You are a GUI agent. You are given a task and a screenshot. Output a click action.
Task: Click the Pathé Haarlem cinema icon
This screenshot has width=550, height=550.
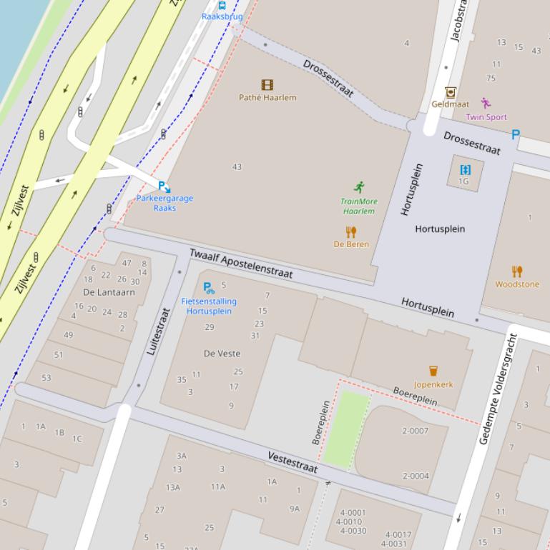click(x=267, y=85)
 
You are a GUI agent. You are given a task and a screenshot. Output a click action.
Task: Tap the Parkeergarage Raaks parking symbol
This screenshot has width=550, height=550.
click(x=164, y=186)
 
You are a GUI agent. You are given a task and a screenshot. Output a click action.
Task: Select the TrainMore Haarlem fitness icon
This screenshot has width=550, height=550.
click(x=359, y=188)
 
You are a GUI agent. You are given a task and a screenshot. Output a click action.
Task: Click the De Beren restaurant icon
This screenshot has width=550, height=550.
click(x=351, y=232)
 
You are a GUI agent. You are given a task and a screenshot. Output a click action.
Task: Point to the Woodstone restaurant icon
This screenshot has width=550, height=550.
click(x=517, y=271)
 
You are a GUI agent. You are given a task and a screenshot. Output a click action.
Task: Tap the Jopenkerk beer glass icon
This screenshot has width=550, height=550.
click(x=433, y=371)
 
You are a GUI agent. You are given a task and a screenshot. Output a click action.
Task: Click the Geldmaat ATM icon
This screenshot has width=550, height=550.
click(x=450, y=92)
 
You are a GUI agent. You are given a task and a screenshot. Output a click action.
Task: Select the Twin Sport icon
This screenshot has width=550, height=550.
click(x=486, y=104)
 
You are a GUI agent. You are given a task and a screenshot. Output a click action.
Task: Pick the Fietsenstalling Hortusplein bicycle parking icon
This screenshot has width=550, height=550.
click(x=209, y=289)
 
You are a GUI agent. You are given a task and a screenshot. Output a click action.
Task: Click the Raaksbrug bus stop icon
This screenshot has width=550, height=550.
click(x=222, y=5)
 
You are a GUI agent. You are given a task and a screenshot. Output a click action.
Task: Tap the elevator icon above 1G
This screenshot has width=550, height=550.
click(x=466, y=169)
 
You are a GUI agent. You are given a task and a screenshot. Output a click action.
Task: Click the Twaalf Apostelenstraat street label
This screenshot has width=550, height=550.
click(x=241, y=264)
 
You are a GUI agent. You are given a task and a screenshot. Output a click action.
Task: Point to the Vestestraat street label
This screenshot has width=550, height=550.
click(x=293, y=462)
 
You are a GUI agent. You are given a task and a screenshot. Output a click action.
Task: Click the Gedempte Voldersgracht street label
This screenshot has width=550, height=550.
click(x=495, y=389)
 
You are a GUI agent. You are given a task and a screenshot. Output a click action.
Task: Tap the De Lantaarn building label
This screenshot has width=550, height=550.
click(x=109, y=292)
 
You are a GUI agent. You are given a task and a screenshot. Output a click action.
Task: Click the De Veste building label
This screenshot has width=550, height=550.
click(x=222, y=354)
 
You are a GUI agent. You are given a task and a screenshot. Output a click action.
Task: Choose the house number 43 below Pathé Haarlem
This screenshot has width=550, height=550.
click(x=237, y=167)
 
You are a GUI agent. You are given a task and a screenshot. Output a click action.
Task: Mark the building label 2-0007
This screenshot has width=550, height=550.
click(x=415, y=431)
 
